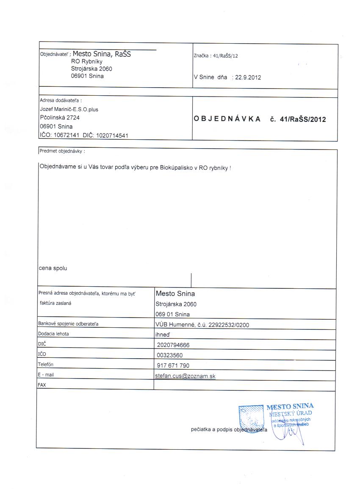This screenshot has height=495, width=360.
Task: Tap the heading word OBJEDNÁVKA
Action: tap(227, 119)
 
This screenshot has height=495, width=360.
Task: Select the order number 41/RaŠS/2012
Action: tap(303, 119)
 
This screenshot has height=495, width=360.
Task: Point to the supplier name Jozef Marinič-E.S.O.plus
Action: tap(69, 109)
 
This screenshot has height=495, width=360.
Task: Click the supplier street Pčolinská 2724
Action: tap(60, 118)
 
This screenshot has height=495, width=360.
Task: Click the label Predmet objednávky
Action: tap(61, 151)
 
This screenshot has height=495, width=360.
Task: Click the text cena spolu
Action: tap(53, 268)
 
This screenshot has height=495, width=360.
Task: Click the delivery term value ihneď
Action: tap(163, 334)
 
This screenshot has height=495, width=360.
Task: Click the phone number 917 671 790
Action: tap(173, 365)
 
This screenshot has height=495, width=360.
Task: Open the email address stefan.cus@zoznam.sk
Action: tap(186, 376)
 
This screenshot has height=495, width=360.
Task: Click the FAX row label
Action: tap(42, 385)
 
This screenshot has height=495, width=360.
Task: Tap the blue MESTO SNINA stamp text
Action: tap(290, 407)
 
